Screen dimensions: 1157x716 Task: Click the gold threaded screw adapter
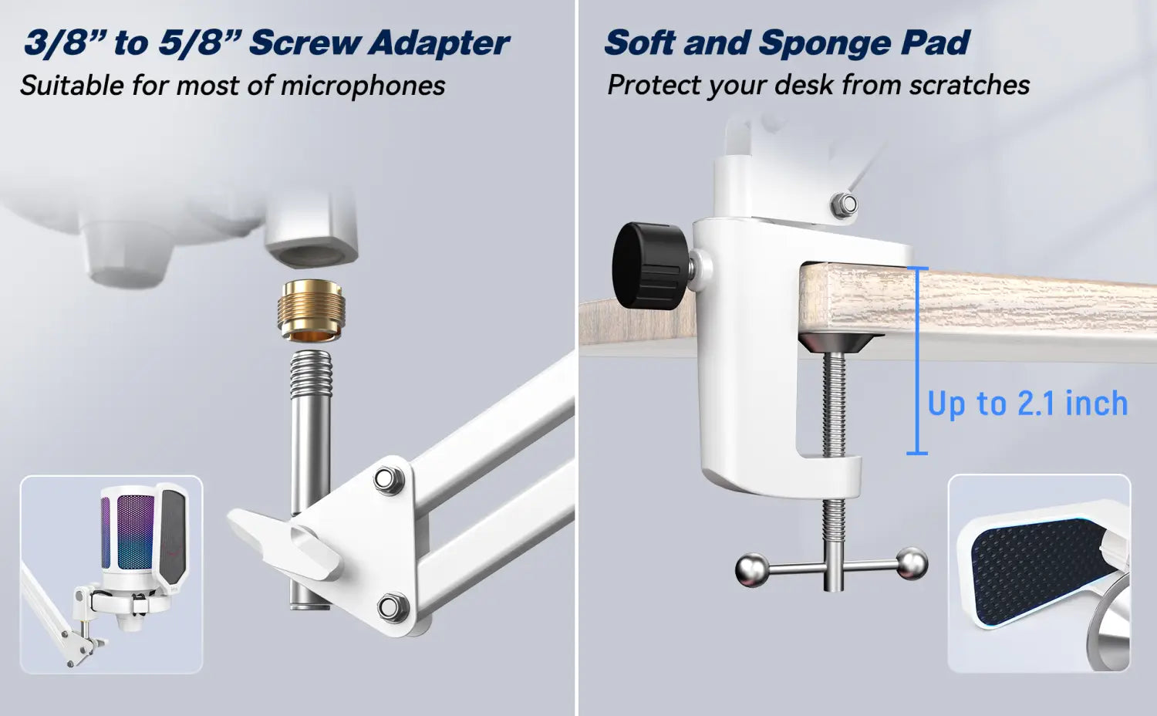click(x=312, y=310)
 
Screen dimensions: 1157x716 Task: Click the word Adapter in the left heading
click(x=439, y=42)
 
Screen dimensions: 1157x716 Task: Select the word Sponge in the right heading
click(x=825, y=42)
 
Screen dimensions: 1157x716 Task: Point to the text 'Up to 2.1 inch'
click(x=1027, y=404)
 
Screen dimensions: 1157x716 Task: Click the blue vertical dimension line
click(x=917, y=360)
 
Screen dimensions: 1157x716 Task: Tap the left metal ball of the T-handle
click(x=751, y=570)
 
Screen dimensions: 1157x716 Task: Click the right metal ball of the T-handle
click(x=912, y=563)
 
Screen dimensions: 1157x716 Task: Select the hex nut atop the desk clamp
click(x=843, y=205)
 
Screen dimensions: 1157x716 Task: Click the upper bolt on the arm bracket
click(x=389, y=479)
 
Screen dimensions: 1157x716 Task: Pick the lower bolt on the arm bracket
click(x=393, y=606)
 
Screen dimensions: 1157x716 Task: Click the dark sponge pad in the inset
click(x=1038, y=572)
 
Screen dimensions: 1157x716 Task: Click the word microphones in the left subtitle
click(x=363, y=86)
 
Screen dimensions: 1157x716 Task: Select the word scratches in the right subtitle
click(x=970, y=85)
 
